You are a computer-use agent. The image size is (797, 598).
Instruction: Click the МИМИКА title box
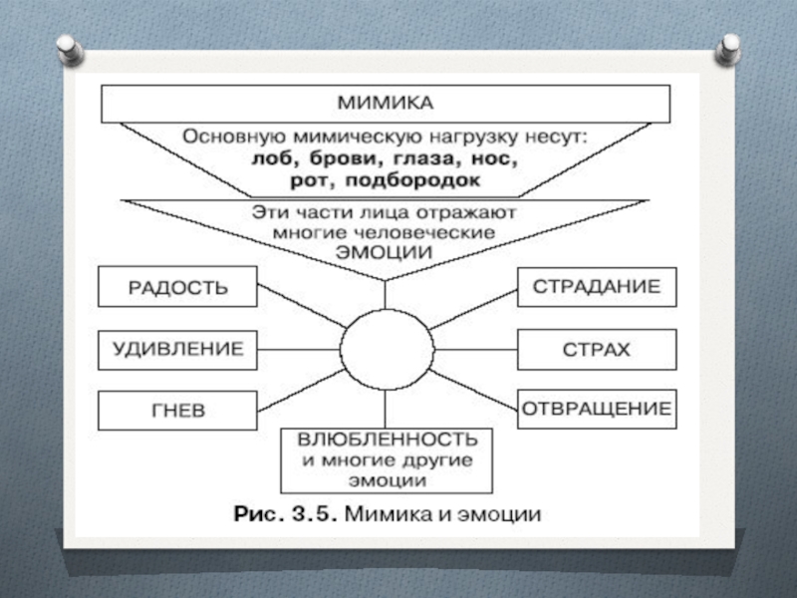pos(385,103)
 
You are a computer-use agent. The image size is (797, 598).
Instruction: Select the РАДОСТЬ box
pos(176,288)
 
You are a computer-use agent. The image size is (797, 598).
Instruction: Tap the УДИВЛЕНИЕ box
pos(176,350)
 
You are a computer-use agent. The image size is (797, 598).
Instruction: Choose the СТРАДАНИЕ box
pos(596,287)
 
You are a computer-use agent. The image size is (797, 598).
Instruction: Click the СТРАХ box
pos(596,350)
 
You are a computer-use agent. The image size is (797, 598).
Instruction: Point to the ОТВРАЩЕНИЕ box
pos(596,409)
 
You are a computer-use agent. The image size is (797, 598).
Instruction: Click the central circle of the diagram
pos(387,350)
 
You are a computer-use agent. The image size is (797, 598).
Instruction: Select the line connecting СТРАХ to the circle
pos(475,350)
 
